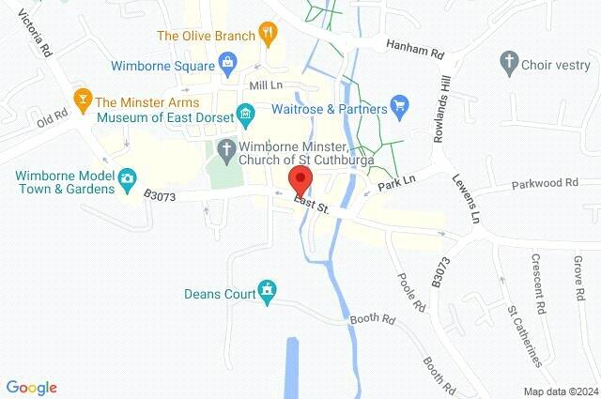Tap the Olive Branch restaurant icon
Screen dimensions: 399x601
(268, 36)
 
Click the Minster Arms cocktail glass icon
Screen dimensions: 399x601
(82, 101)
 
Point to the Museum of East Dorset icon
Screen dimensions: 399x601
(245, 117)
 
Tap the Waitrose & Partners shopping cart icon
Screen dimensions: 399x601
(398, 106)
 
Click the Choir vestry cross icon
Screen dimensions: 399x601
(509, 64)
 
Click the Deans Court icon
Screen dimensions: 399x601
(269, 292)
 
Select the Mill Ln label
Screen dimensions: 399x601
(266, 85)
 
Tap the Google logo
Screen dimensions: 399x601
(32, 387)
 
